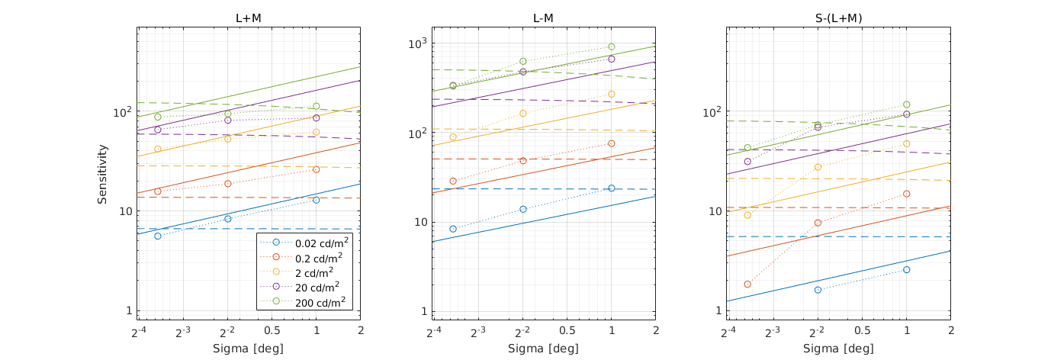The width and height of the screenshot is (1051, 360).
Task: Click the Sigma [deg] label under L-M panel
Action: (x=544, y=348)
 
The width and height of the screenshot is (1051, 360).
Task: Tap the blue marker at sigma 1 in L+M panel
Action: (x=316, y=200)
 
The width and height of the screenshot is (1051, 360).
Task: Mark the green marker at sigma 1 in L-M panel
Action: (x=612, y=47)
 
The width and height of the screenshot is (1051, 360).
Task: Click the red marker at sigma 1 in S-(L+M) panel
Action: (x=907, y=194)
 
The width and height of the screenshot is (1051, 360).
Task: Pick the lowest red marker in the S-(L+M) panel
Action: (x=747, y=284)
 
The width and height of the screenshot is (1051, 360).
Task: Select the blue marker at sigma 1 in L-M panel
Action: (x=612, y=188)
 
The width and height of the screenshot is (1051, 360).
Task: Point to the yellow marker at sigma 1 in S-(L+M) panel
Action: (x=907, y=143)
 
